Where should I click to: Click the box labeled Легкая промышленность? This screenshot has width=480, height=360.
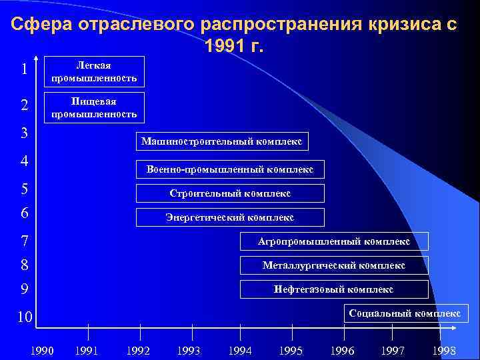(x=93, y=71)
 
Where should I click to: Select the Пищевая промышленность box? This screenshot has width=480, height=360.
(x=93, y=107)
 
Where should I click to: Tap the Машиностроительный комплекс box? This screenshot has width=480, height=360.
(x=221, y=141)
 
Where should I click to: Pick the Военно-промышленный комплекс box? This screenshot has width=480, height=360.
(x=230, y=169)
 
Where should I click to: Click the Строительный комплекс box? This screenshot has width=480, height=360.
(x=230, y=193)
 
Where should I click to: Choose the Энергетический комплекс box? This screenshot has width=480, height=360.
(x=230, y=217)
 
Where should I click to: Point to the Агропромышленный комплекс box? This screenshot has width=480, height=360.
(x=334, y=241)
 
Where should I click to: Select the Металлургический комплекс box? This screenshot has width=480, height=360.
(x=334, y=265)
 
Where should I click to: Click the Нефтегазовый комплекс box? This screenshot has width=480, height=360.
(x=334, y=289)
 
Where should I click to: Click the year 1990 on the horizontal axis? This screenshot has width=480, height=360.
(x=42, y=350)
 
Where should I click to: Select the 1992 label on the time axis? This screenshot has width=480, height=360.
(x=138, y=350)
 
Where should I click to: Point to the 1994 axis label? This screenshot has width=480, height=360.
(x=240, y=350)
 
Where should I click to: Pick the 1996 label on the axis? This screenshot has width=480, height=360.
(x=343, y=350)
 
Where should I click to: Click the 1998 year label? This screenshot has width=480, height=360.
(x=444, y=350)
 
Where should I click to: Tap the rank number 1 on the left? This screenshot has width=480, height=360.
(x=24, y=69)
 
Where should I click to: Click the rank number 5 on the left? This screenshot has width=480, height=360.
(x=24, y=189)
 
